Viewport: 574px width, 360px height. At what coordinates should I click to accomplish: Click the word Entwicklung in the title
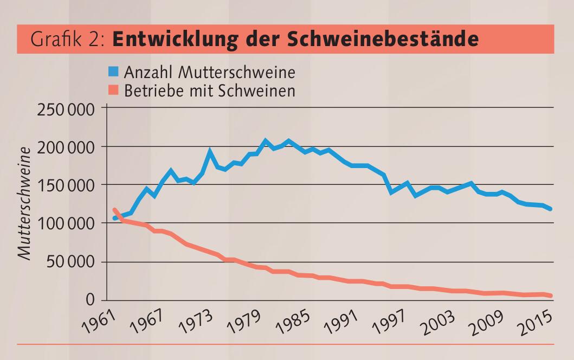coord(172,39)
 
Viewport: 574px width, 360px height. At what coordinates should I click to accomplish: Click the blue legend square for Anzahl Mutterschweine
coord(113,72)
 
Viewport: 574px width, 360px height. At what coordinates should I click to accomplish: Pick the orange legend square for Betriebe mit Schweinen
coord(113,90)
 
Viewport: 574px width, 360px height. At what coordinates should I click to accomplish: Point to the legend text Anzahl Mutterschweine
coord(210,72)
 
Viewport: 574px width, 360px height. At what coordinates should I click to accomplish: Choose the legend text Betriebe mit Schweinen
coord(210,90)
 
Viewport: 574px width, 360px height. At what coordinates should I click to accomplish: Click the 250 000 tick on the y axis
coord(66,109)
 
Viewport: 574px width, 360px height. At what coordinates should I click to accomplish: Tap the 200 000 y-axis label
coord(66,147)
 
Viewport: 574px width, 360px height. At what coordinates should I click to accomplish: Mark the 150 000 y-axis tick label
coord(66,185)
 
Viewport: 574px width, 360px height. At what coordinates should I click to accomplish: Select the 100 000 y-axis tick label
coord(66,223)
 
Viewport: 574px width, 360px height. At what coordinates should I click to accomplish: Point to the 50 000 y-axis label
coord(70,262)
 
